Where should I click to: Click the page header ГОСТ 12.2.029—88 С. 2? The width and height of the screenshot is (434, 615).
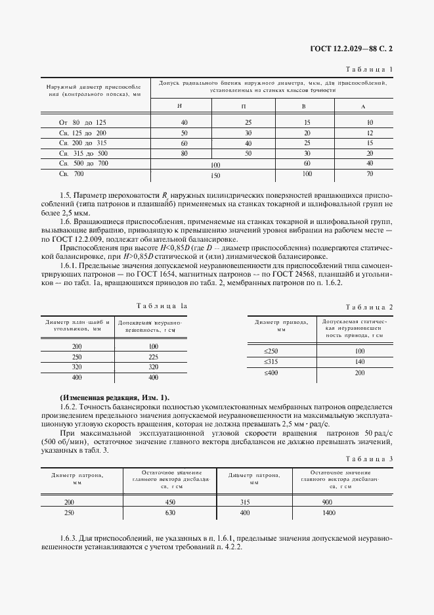(354, 48)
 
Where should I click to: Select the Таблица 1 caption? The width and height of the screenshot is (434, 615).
(369, 69)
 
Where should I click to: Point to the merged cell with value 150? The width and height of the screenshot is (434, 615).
(215, 175)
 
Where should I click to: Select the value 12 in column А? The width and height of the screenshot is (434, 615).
(370, 133)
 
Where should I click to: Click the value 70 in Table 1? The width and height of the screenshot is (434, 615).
(370, 173)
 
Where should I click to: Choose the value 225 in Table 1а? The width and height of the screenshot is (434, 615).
(153, 357)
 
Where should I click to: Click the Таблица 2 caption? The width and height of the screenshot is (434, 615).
(369, 307)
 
